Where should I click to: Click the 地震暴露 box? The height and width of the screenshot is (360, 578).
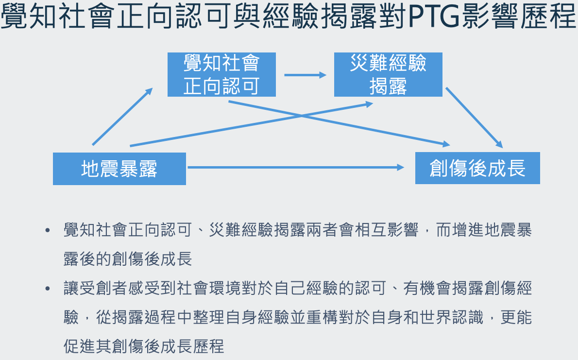coord(119,169)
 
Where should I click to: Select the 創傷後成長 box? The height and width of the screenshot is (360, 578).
coord(477,168)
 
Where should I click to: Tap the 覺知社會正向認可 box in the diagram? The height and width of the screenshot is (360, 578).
coord(221,74)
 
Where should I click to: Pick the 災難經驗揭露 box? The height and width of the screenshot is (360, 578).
coord(388,74)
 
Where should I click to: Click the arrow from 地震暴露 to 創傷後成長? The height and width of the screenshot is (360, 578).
coord(295,167)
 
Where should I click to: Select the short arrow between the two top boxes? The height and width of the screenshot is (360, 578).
coord(305,75)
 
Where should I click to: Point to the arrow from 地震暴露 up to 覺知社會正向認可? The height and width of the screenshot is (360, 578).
coord(122,117)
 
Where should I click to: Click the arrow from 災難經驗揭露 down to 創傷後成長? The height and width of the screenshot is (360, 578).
coord(474,117)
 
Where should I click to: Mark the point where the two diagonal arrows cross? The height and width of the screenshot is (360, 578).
coord(302,116)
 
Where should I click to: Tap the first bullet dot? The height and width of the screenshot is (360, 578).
coord(47,230)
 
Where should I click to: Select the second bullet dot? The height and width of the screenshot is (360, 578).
coord(47,289)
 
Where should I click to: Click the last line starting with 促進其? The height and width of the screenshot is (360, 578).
coord(144,346)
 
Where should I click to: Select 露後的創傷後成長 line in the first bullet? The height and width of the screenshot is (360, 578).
coord(128,259)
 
